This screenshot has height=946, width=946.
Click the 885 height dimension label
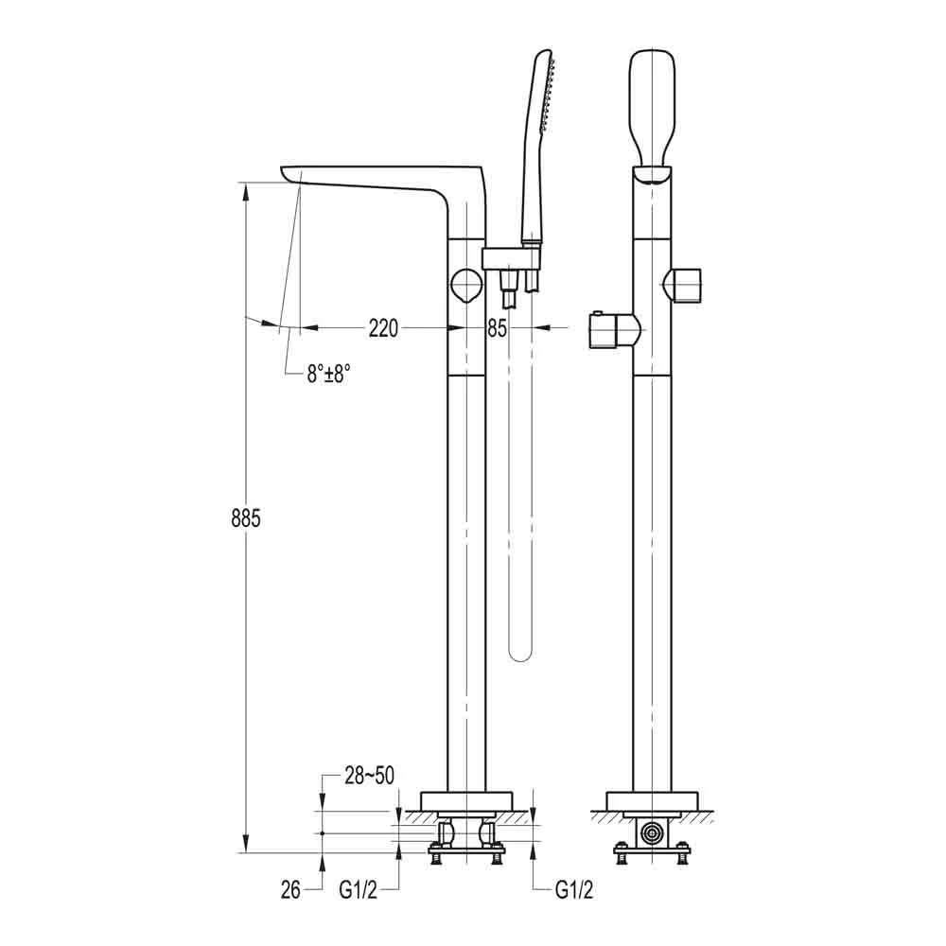pyautogui.click(x=246, y=518)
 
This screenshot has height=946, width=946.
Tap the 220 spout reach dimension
pyautogui.click(x=384, y=329)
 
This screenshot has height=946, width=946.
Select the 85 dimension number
pyautogui.click(x=498, y=329)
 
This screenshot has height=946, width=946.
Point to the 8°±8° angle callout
pyautogui.click(x=328, y=374)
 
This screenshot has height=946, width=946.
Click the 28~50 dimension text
pyautogui.click(x=369, y=776)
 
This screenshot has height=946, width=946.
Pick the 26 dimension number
pyautogui.click(x=290, y=890)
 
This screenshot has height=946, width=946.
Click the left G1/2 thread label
pyautogui.click(x=359, y=890)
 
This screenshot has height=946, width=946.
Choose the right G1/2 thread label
pyautogui.click(x=574, y=890)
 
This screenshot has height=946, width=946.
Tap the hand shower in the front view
pyautogui.click(x=652, y=109)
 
